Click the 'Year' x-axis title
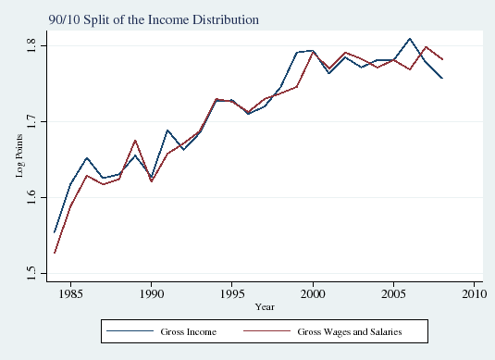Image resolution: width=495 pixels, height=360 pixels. (265, 306)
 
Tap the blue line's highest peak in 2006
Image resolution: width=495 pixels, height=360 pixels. (410, 39)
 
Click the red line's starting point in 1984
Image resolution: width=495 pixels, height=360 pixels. (55, 253)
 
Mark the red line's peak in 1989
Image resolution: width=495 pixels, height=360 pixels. (135, 140)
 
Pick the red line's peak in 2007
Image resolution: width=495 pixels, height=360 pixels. (426, 46)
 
